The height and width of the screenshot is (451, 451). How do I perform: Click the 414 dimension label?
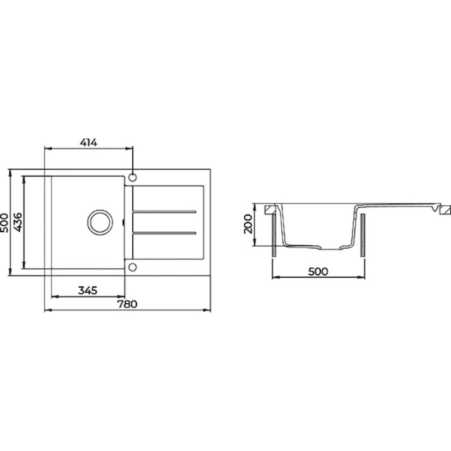click(x=88, y=142)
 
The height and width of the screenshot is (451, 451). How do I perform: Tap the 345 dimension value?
click(x=88, y=291)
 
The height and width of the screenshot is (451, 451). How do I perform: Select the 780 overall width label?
click(x=127, y=304)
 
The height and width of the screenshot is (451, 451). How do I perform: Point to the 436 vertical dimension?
click(x=18, y=222)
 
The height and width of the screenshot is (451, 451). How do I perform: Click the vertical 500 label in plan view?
click(x=4, y=223)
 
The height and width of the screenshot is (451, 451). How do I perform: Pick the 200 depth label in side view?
click(x=248, y=224)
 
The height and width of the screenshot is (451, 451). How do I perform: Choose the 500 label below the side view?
click(x=318, y=271)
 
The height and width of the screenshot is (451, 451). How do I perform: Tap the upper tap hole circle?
click(x=132, y=177)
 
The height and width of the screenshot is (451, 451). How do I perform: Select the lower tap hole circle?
click(x=132, y=267)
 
